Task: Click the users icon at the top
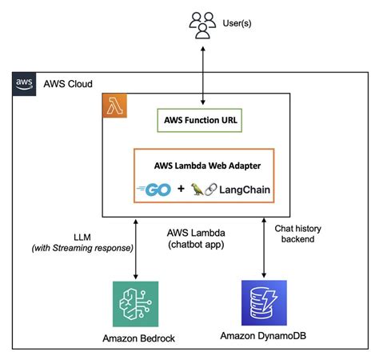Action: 203,25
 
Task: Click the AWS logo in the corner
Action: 23,83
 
